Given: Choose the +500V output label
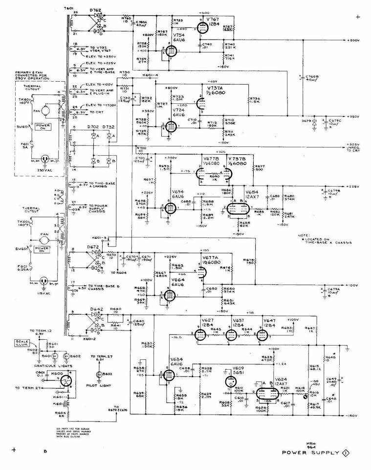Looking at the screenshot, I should click(353, 40).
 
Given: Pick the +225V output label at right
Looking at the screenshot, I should click(353, 187).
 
